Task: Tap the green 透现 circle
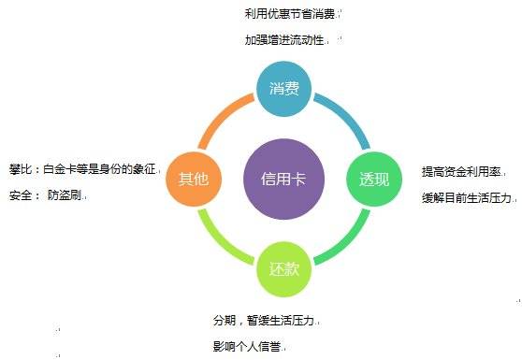(371, 179)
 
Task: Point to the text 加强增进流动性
(287, 40)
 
